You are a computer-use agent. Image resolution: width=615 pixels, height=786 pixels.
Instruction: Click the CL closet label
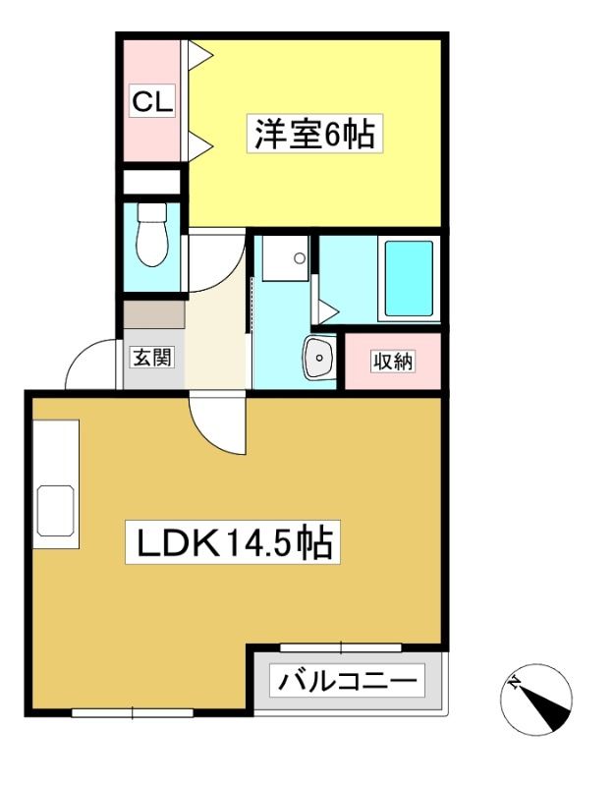coord(152,101)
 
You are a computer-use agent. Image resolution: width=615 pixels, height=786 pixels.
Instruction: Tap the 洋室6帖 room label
coord(314,134)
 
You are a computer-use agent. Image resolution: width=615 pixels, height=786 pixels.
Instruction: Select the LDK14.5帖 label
coord(233,542)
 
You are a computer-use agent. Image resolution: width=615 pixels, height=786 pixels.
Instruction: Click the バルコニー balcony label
coord(348,680)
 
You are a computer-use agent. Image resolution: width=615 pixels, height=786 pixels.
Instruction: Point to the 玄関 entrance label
coord(151,357)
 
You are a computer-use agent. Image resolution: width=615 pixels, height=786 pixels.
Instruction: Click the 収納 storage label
coord(392,361)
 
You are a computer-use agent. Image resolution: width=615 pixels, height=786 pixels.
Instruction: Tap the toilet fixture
coord(152,234)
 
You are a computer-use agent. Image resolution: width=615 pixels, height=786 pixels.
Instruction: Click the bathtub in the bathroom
coord(409,279)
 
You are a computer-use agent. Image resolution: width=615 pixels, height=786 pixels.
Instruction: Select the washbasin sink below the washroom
coord(319,358)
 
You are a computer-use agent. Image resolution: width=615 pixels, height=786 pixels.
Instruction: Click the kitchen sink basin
coord(56,510)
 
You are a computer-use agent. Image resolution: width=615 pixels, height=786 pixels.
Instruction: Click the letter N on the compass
coord(514,682)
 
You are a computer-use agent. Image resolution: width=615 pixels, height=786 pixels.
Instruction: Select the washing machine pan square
coord(285,258)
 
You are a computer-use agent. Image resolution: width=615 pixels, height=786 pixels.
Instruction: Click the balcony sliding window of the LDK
coord(341,647)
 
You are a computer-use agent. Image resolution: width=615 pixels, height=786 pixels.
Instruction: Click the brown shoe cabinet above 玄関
coord(154,314)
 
